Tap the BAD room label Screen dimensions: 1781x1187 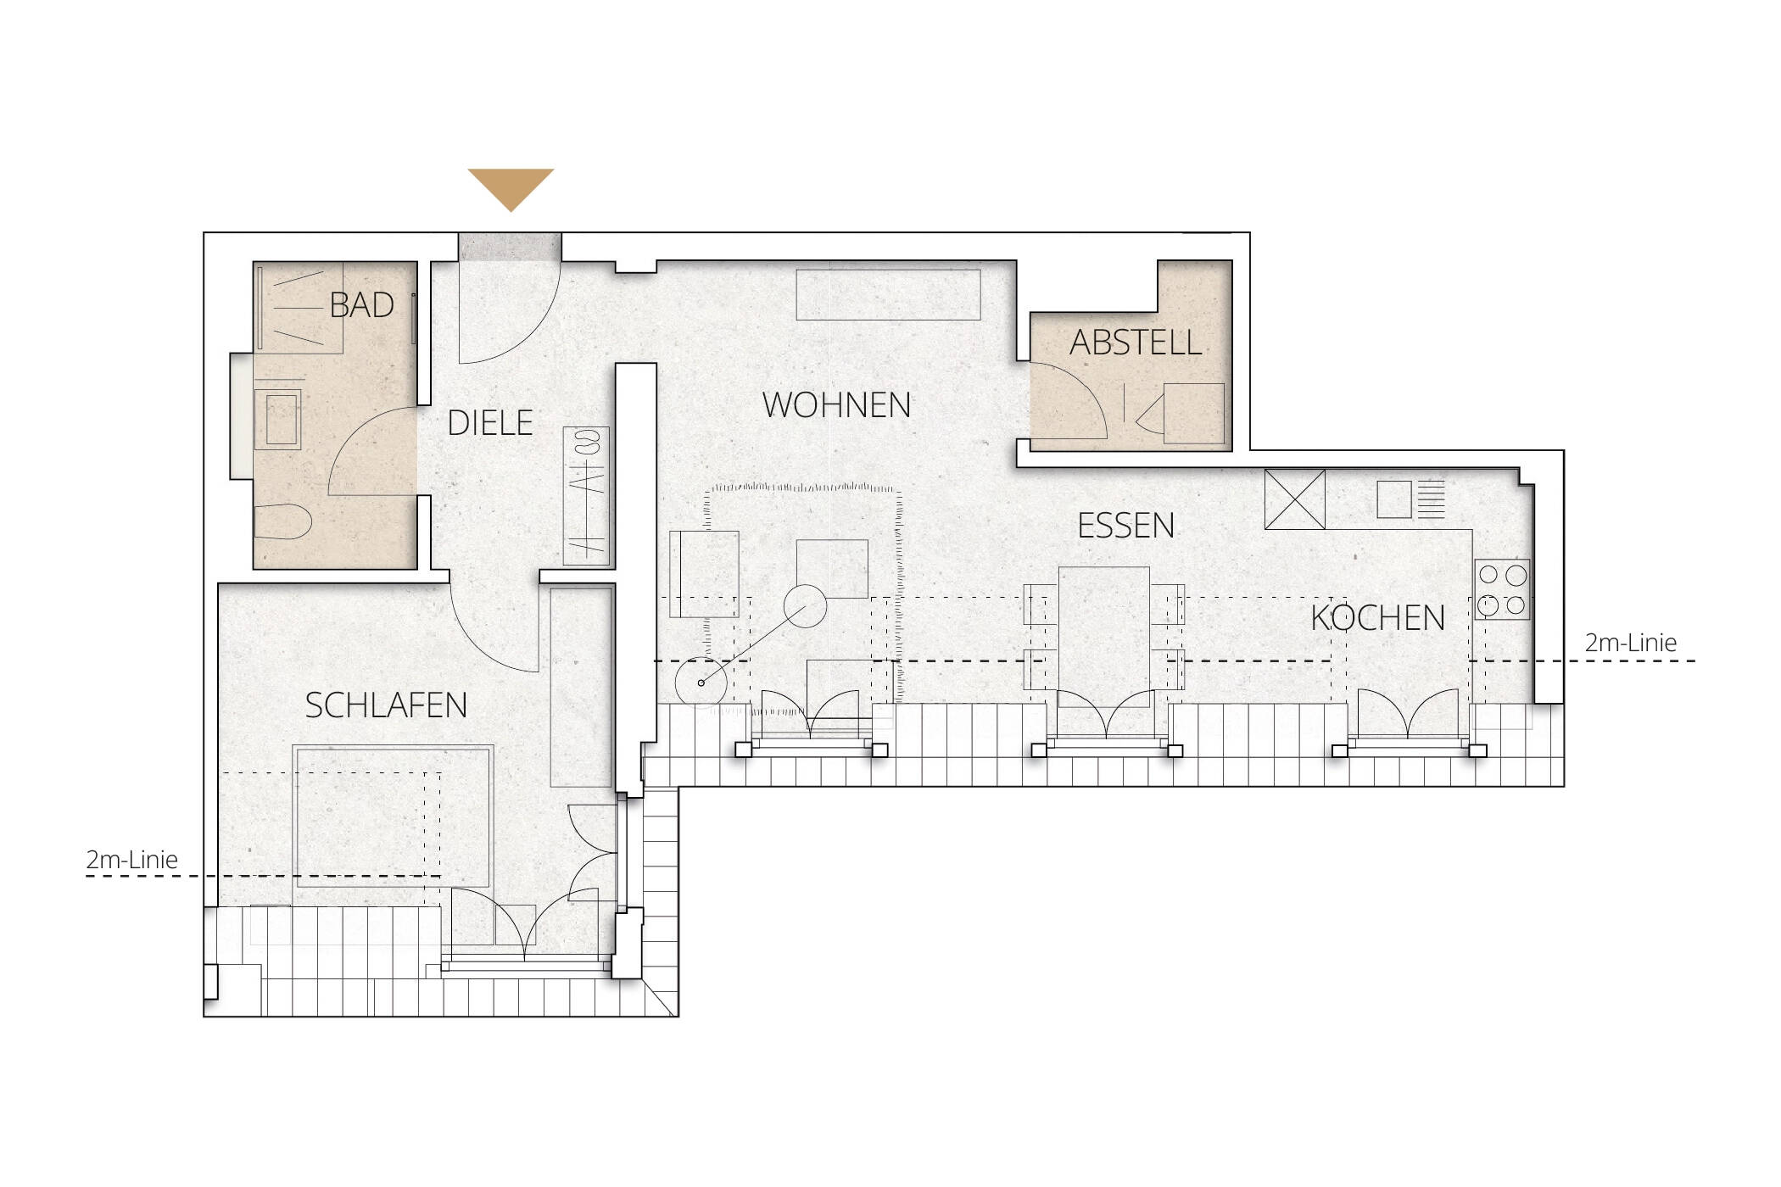tap(362, 305)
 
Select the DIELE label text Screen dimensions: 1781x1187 tap(490, 422)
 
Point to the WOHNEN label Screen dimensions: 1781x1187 tap(836, 405)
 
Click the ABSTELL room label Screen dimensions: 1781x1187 tap(1136, 343)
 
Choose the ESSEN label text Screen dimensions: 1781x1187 tap(1125, 527)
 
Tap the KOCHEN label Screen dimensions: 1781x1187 tap(1378, 618)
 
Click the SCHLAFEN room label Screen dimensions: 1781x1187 tap(386, 705)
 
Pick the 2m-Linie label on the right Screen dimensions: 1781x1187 tap(1631, 643)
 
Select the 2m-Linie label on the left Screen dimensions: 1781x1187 tap(131, 860)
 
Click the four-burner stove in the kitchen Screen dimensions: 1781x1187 tap(1502, 590)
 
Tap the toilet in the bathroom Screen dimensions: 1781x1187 tap(283, 520)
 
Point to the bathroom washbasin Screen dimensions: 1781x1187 tap(278, 419)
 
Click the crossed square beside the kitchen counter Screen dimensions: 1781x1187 tap(1295, 499)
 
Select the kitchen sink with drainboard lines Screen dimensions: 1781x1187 tap(1410, 499)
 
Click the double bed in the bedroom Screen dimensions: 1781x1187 tap(393, 816)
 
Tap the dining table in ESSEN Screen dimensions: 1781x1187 tap(1104, 636)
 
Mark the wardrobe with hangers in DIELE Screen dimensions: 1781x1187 tap(587, 496)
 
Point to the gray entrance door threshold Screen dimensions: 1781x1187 tap(511, 247)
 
